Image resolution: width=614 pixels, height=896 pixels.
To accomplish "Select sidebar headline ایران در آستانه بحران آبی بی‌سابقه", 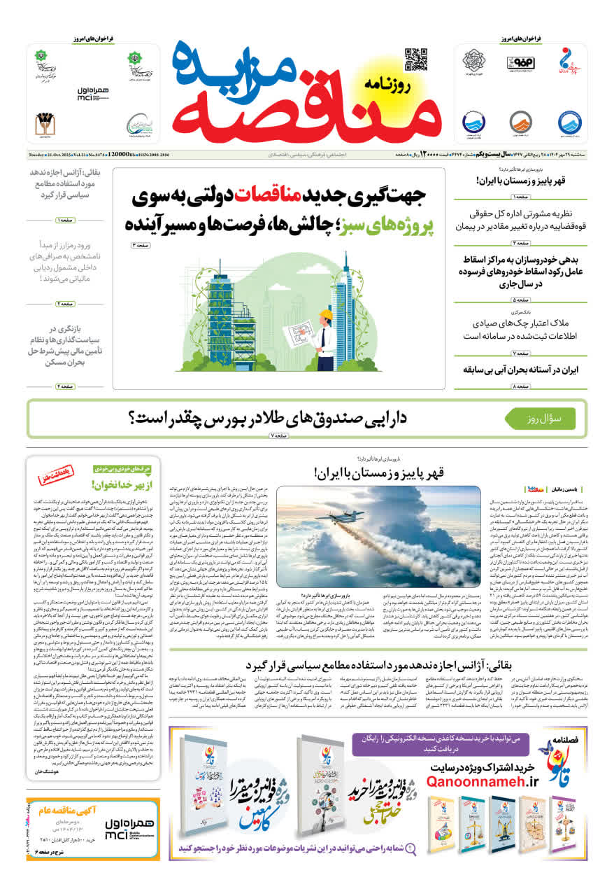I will [x=524, y=369].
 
